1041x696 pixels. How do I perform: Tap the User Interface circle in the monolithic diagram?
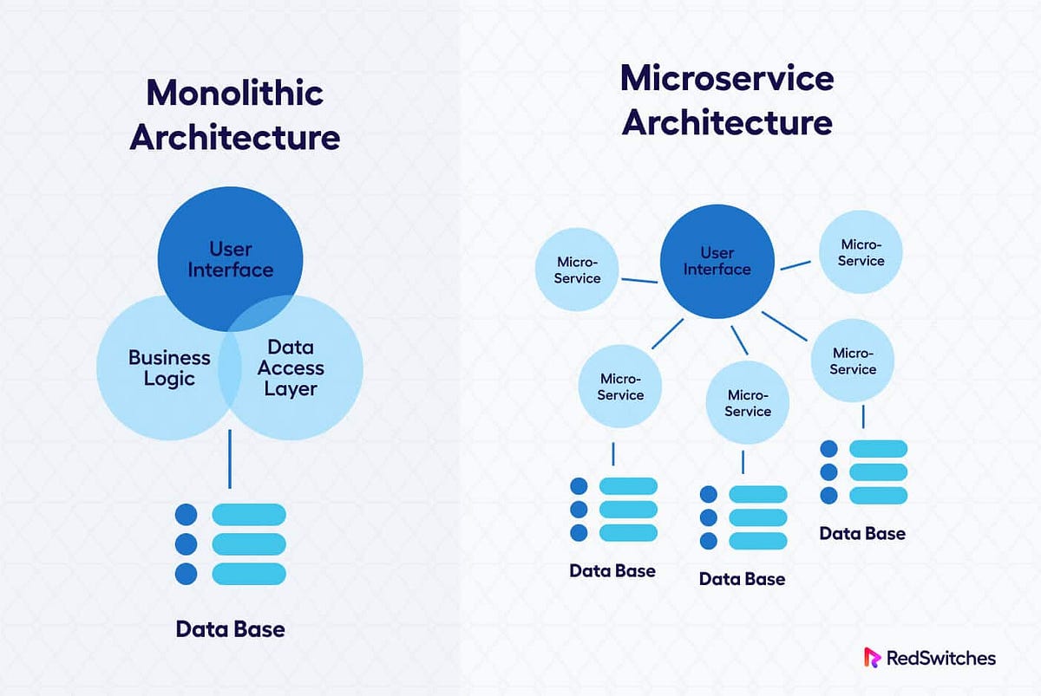coord(230,257)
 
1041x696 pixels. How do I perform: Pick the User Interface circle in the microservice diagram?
coord(717,261)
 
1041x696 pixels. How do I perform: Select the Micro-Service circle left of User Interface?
coord(578,270)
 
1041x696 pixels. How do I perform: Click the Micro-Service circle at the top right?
coord(861,252)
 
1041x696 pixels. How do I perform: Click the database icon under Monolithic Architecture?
coord(230,543)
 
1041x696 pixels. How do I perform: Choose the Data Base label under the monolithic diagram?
coord(230,628)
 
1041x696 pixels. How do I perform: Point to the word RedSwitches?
coord(941,658)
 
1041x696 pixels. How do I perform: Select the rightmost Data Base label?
coord(862,533)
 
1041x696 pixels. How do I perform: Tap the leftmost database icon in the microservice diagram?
coord(612,509)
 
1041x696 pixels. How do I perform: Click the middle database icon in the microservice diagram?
coord(743,517)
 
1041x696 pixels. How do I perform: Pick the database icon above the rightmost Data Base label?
coord(863,472)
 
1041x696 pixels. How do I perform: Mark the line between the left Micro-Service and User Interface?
coord(640,280)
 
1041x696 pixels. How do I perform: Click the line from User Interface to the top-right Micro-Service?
coord(795,263)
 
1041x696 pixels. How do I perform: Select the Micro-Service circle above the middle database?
coord(748,403)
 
